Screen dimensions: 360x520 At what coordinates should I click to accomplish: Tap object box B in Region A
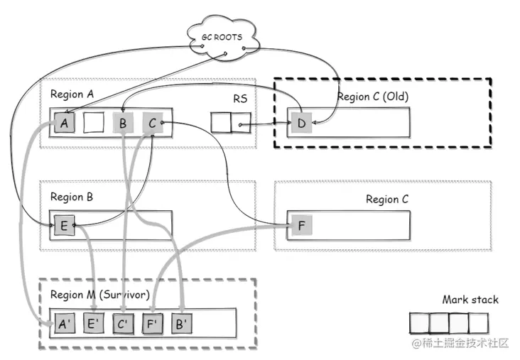[123, 123]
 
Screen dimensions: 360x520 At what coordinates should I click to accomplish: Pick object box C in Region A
[152, 123]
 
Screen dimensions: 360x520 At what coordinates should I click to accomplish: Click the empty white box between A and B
[94, 123]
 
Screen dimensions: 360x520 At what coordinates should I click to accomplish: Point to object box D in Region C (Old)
[301, 124]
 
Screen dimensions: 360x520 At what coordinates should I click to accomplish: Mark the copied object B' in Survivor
[181, 324]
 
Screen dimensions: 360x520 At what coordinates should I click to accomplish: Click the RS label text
[240, 99]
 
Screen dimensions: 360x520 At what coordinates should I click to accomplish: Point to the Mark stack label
[470, 300]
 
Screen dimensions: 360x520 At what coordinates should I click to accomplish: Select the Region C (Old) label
[373, 97]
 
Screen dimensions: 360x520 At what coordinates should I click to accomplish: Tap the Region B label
[71, 197]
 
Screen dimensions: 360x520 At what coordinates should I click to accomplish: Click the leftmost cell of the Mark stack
[420, 324]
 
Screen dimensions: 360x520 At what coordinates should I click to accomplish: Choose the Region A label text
[71, 94]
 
